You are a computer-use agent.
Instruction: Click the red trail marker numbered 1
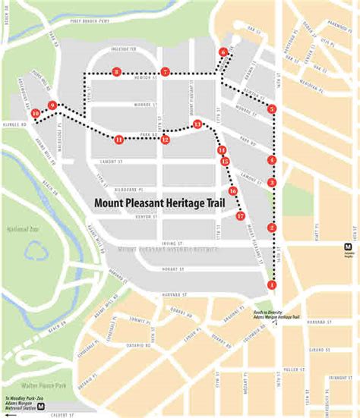pos(272,284)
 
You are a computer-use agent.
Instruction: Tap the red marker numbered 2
pos(272,228)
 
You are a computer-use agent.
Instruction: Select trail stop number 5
pos(272,109)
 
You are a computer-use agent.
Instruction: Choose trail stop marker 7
pos(165,72)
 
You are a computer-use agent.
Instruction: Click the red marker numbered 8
pos(115,72)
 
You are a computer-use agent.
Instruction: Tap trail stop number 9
pos(52,105)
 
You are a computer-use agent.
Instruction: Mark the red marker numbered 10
pos(36,114)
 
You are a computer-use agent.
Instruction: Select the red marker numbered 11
pos(119,139)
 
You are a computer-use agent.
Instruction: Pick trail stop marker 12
pos(165,140)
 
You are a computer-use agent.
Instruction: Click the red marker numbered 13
pos(197,124)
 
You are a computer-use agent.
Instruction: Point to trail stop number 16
pos(232,191)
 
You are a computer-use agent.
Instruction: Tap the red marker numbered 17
pos(240,216)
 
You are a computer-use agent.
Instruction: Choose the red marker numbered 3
pos(272,182)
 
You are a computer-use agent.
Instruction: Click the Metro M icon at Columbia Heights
pos(348,247)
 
